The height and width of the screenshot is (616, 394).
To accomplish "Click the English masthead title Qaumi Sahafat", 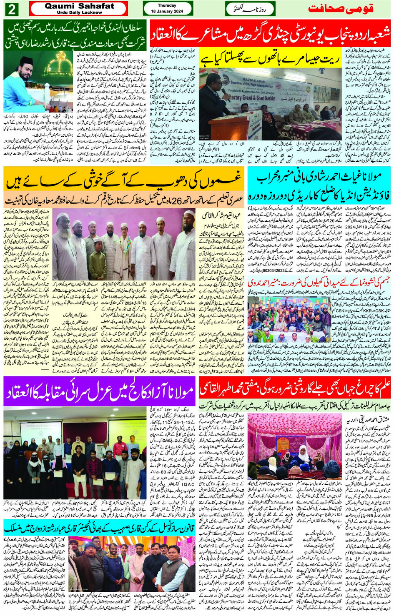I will pyautogui.click(x=79, y=6).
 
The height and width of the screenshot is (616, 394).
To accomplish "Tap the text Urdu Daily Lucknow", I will pyautogui.click(x=79, y=13).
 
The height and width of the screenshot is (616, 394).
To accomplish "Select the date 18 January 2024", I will pyautogui.click(x=167, y=11).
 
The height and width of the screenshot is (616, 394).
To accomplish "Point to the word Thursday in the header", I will pyautogui.click(x=167, y=5).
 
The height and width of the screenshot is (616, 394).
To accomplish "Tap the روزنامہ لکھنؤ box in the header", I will pyautogui.click(x=250, y=9).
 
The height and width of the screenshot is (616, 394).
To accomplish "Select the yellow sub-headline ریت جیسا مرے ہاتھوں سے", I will pyautogui.click(x=270, y=58).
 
